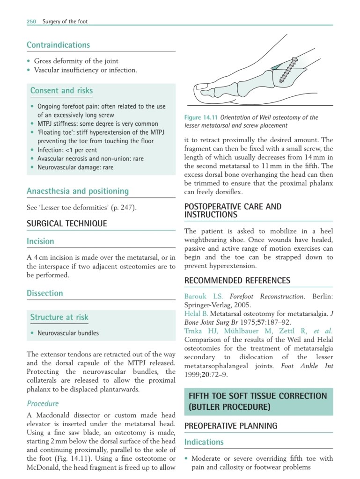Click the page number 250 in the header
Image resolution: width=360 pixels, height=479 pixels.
(x=31, y=21)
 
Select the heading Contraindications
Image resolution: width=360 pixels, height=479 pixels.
(x=58, y=45)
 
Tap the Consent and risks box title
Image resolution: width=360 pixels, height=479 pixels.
(x=61, y=90)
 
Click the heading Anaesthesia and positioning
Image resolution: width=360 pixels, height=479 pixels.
(x=77, y=191)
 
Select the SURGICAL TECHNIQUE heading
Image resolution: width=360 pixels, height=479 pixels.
(x=66, y=223)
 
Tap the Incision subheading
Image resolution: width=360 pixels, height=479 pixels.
(x=40, y=241)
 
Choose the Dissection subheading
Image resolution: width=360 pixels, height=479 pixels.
(x=44, y=293)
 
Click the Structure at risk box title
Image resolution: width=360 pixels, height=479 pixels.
(x=59, y=317)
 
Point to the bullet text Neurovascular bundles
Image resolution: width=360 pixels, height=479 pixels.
(x=68, y=333)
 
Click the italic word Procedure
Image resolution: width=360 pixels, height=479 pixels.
(x=43, y=403)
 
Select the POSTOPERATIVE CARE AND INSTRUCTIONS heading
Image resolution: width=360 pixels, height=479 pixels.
(x=233, y=210)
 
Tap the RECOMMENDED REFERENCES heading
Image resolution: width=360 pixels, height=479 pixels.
(x=237, y=280)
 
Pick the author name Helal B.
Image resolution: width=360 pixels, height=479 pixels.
(x=196, y=313)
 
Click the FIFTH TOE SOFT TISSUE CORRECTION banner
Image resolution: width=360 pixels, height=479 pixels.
(x=258, y=401)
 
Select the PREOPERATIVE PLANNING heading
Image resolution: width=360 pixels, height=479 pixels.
(x=231, y=426)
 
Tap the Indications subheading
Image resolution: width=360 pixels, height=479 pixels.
(x=204, y=442)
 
